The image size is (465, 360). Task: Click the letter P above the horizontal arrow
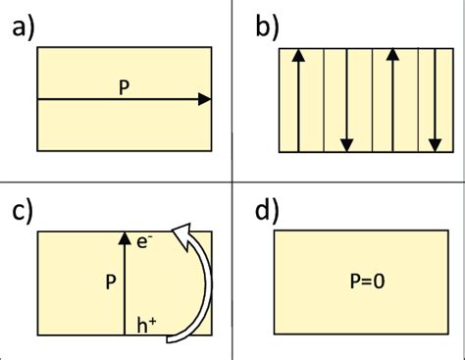pos(124,86)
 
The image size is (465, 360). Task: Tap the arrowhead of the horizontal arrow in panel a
pos(204,99)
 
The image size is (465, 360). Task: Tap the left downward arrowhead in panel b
pos(346,145)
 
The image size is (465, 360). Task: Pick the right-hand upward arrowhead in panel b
pos(392,53)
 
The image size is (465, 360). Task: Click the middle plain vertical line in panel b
pos(370,99)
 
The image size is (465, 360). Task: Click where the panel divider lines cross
pos(232,182)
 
